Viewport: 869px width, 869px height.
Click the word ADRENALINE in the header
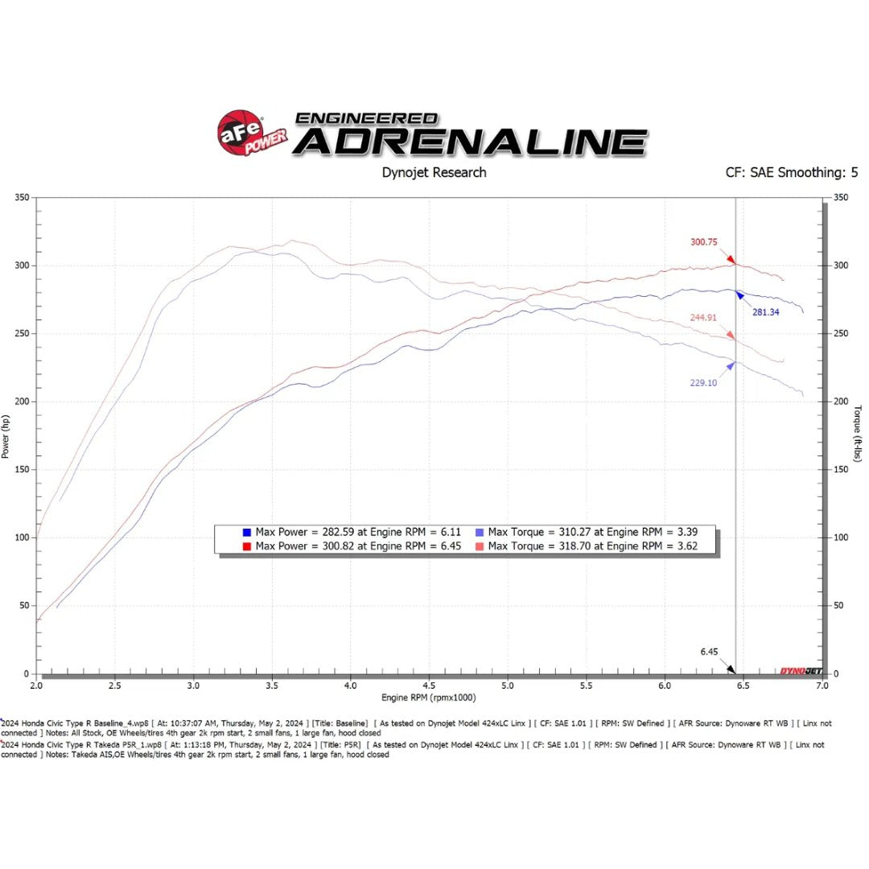point(469,142)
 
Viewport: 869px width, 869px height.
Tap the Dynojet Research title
point(433,172)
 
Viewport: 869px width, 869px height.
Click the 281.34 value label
point(765,312)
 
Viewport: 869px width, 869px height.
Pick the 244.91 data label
point(702,318)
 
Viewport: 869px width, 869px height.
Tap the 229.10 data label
point(702,382)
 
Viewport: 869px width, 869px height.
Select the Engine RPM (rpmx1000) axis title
point(429,697)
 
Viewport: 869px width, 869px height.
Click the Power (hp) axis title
point(6,436)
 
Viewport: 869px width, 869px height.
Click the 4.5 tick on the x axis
point(429,686)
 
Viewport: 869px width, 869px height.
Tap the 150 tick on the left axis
point(21,469)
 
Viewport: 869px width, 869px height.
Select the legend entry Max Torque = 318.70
point(590,546)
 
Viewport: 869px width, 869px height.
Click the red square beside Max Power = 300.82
point(245,546)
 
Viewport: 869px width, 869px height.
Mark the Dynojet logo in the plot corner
point(800,669)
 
